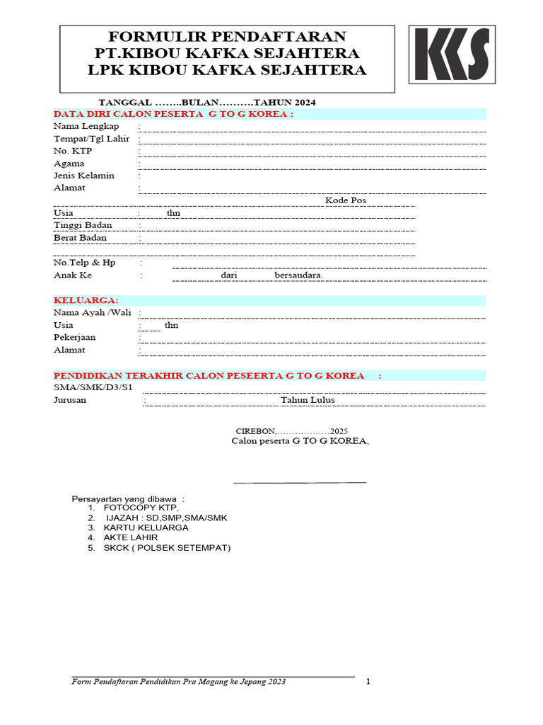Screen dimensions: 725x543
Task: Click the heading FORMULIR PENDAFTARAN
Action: click(x=227, y=37)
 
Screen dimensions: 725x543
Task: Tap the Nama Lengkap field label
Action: click(x=86, y=126)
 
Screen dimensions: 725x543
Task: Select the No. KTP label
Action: click(x=73, y=151)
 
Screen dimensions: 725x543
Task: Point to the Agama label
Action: click(x=69, y=164)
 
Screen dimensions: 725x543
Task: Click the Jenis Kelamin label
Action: click(x=84, y=176)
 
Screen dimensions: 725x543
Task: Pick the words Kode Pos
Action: click(x=346, y=200)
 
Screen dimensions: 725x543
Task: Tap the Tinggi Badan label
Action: click(x=83, y=225)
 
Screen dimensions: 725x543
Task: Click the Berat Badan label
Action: click(x=81, y=238)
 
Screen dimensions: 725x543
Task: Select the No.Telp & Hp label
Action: click(x=85, y=263)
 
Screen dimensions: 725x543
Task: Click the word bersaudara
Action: click(x=298, y=275)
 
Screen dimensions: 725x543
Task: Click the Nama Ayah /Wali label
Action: click(x=92, y=312)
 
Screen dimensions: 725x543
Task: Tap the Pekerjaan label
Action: click(x=75, y=338)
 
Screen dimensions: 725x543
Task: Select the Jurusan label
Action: click(x=70, y=400)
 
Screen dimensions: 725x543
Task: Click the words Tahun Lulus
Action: click(x=308, y=400)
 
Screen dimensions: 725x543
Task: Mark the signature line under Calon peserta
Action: click(x=300, y=483)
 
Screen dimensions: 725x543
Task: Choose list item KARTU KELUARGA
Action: click(x=146, y=528)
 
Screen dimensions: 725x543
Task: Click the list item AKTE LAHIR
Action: click(x=131, y=538)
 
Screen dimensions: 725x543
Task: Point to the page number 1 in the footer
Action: click(x=368, y=682)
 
